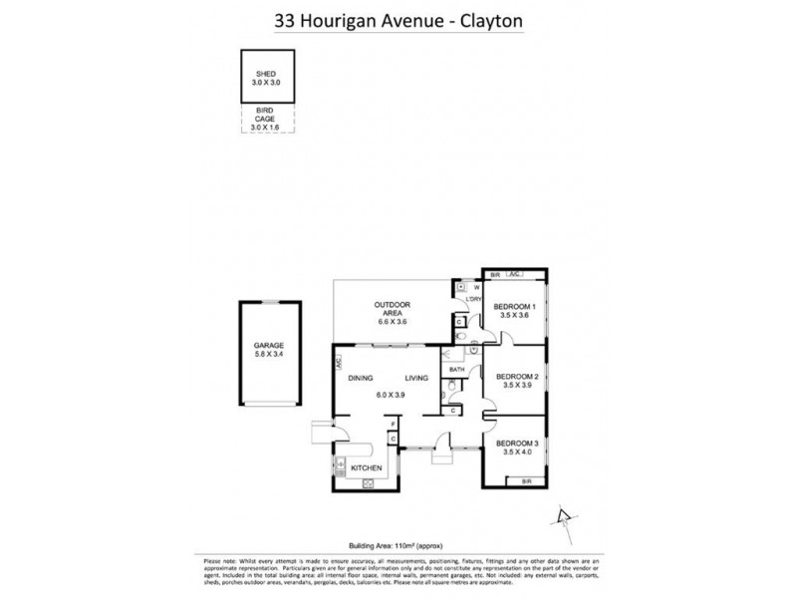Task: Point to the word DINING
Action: (361, 379)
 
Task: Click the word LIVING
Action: (416, 379)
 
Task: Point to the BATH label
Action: (456, 370)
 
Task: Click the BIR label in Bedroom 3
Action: (526, 481)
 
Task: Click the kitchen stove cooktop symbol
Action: (367, 483)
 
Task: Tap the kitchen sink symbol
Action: (341, 464)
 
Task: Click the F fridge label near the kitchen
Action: (393, 425)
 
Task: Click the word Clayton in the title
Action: (487, 19)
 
